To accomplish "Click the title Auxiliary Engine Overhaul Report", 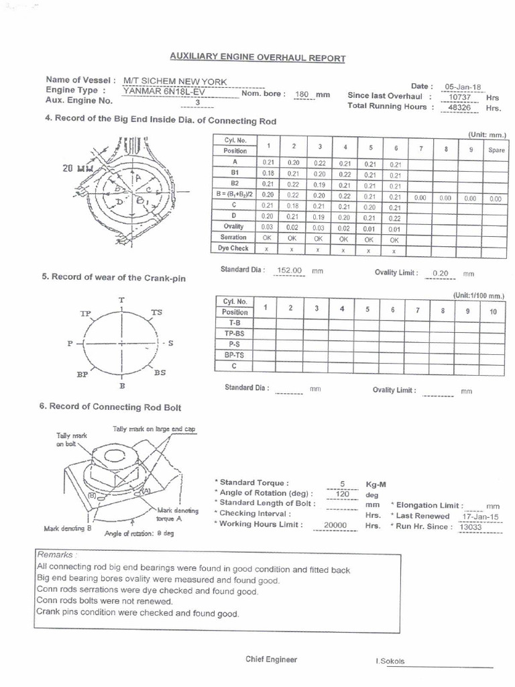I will (257, 58).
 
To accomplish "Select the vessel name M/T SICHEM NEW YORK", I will (175, 81).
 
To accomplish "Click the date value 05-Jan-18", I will (463, 87).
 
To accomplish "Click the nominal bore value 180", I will (302, 95).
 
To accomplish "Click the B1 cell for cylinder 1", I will (268, 173).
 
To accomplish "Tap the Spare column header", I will (496, 150).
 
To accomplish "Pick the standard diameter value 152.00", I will (290, 270).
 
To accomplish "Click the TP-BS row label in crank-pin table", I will (235, 333).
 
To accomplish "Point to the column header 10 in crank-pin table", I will (493, 311).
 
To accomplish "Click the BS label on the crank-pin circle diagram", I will (160, 372).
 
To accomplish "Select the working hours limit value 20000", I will (336, 526).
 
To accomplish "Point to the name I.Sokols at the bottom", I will (390, 662).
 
